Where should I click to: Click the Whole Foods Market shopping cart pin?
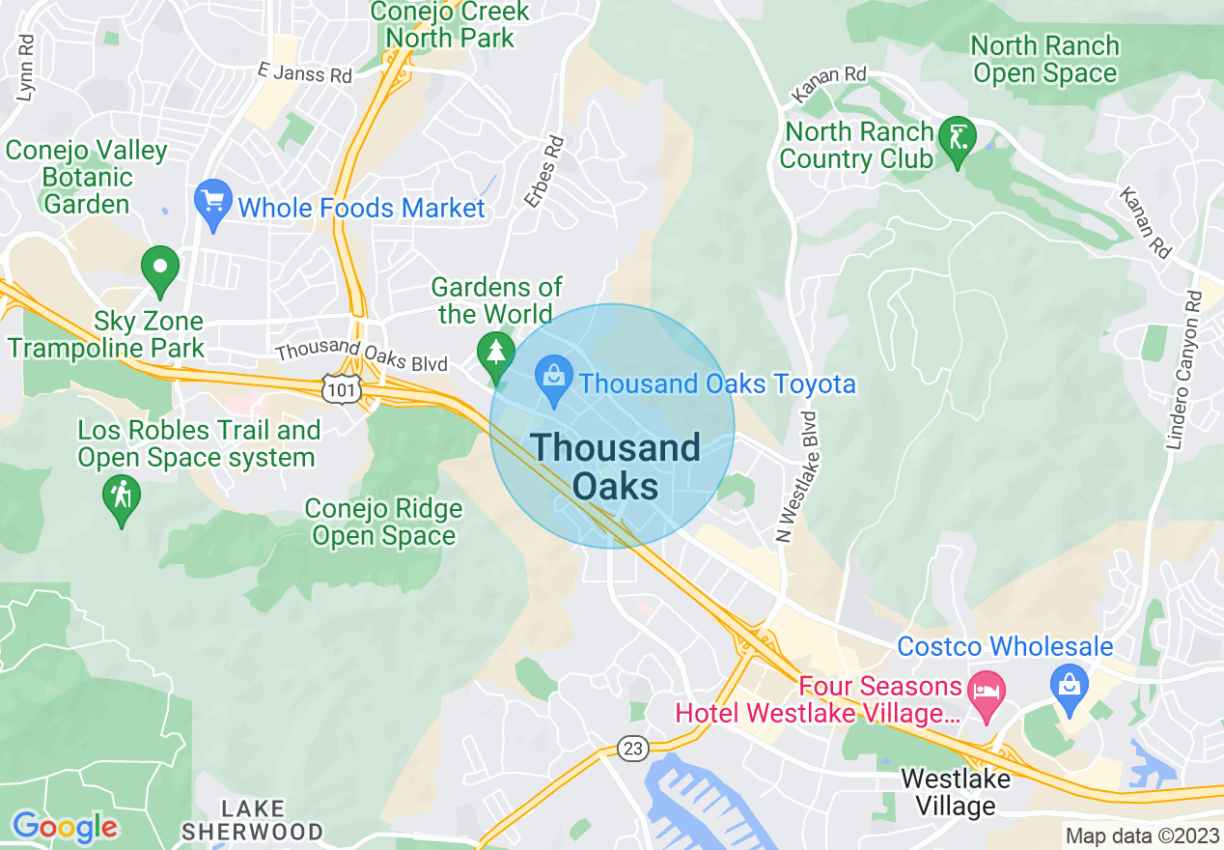point(212,203)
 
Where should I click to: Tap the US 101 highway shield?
point(342,387)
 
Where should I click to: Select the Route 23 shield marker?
point(632,748)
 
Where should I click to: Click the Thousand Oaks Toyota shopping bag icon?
point(554,382)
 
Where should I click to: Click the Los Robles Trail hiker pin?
point(121,497)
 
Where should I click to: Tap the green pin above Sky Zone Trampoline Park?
point(159,269)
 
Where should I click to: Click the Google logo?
point(65,827)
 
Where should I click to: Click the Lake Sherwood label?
point(252,820)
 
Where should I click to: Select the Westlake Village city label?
point(955,791)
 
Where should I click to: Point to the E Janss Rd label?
point(305,72)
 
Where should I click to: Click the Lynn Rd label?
point(26,69)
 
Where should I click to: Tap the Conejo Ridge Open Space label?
point(383,523)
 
